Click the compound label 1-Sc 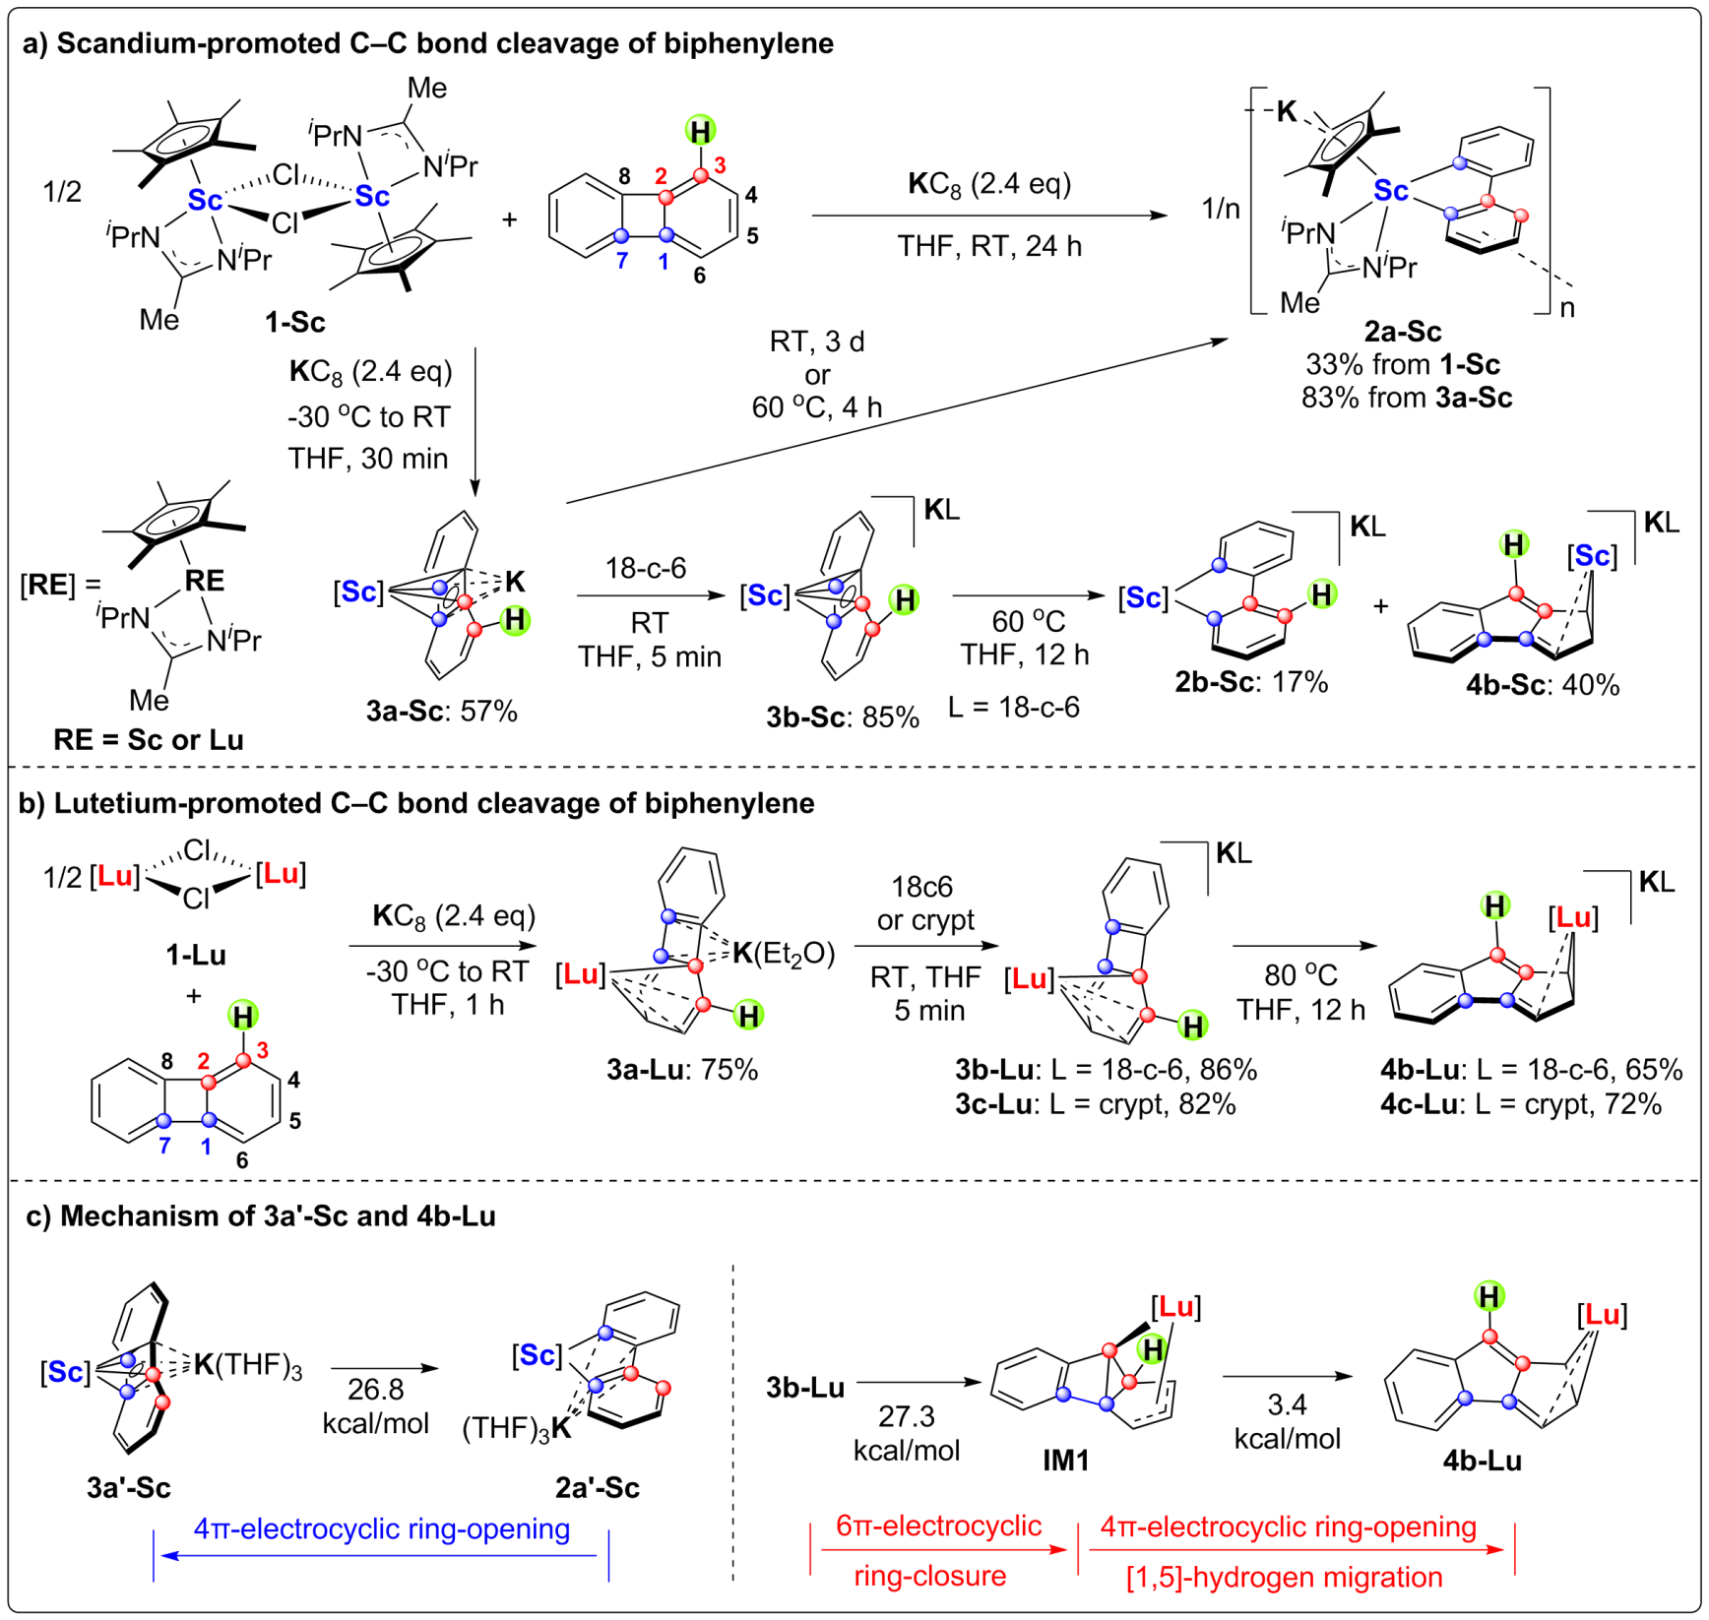pos(294,322)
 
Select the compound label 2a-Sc pos(1403,331)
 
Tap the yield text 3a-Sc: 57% pos(441,711)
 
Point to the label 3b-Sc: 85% pos(843,717)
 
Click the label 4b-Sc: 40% pos(1542,685)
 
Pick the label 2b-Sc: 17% pos(1251,681)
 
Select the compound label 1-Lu pos(196,954)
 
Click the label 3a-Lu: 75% pos(682,1069)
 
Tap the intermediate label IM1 pos(1066,1460)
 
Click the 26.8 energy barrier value pos(375,1389)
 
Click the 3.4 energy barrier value pos(1287,1403)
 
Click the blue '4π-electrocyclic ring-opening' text pos(382,1528)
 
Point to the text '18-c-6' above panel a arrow pos(646,568)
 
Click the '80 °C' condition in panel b pos(1300,974)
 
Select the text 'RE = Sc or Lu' pos(149,739)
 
